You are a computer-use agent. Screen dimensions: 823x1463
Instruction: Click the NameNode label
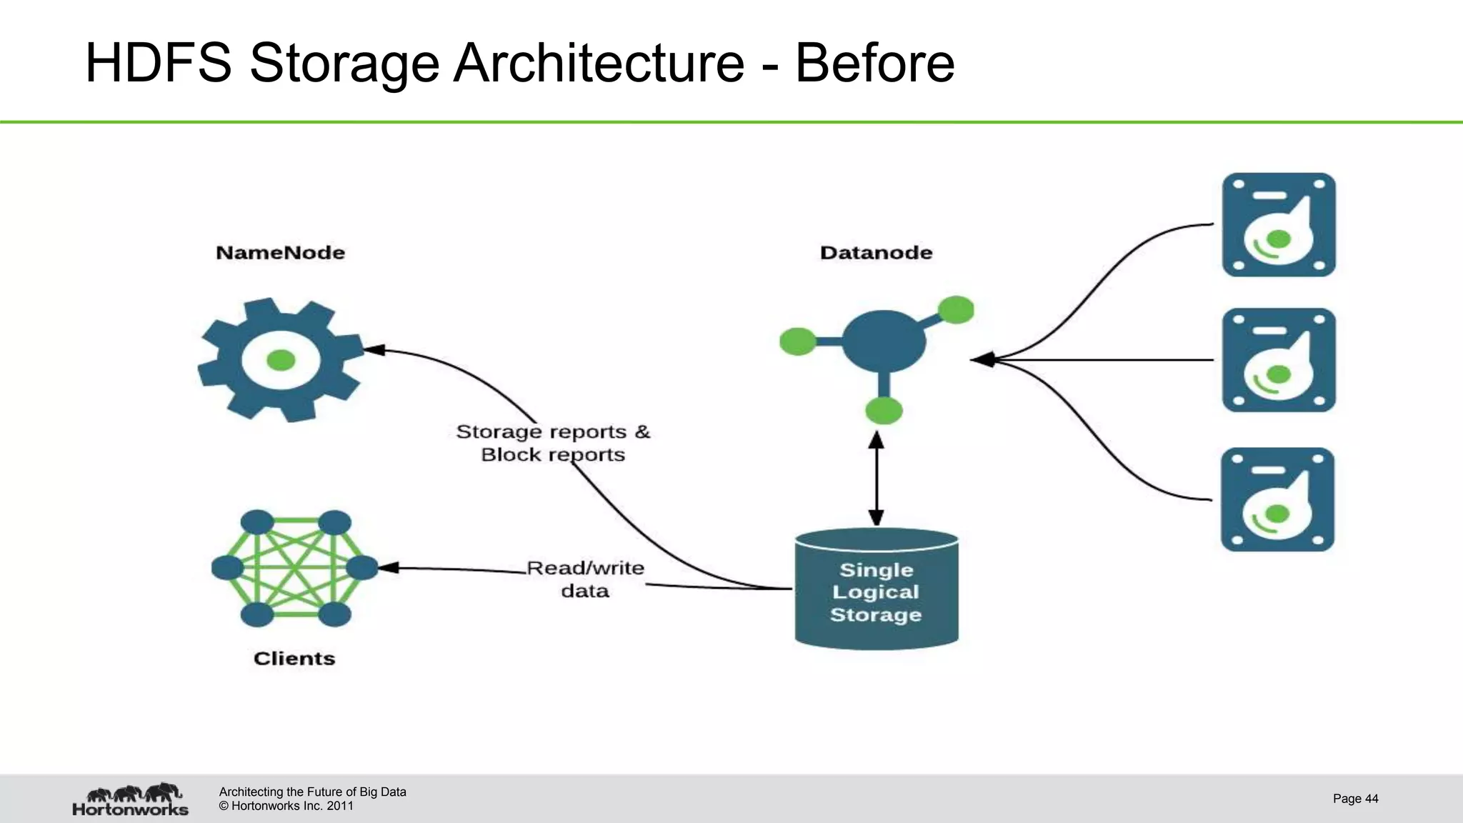(x=280, y=252)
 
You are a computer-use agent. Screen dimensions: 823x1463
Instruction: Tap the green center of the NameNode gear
(x=281, y=360)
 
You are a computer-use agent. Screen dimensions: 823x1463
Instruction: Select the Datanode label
(x=876, y=252)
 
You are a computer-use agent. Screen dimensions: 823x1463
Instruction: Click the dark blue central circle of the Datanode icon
(x=884, y=341)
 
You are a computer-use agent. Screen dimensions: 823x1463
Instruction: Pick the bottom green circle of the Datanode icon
(x=884, y=411)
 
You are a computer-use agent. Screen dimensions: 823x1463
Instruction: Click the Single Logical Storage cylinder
(x=877, y=590)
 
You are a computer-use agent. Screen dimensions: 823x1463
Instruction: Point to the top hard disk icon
(x=1279, y=224)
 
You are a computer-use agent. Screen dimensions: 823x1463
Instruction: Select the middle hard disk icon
(x=1279, y=360)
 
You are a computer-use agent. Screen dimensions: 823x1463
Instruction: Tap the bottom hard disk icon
(x=1277, y=499)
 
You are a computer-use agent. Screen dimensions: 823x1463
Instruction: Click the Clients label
(x=294, y=658)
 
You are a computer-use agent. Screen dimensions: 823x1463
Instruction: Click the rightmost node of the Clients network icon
(x=361, y=568)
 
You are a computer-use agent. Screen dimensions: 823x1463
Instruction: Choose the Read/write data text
(x=585, y=579)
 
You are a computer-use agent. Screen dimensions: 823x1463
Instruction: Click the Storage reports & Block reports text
(x=553, y=443)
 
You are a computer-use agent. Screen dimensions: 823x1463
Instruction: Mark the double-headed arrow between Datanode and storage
(x=877, y=479)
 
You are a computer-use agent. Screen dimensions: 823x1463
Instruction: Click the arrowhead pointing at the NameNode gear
(x=374, y=350)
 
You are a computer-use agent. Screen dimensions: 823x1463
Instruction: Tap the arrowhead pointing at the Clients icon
(x=388, y=568)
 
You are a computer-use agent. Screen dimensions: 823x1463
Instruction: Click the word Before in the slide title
(x=874, y=63)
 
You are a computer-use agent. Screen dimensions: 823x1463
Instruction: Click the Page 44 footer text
(x=1355, y=799)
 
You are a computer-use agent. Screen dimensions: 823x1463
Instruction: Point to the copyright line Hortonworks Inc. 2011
(x=286, y=806)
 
